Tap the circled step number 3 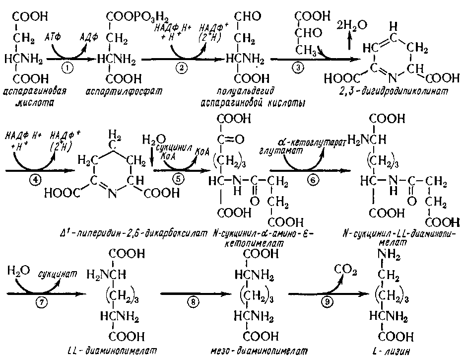pyautogui.click(x=298, y=68)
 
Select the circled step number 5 pyautogui.click(x=178, y=179)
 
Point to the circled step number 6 pyautogui.click(x=313, y=180)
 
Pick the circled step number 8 pyautogui.click(x=194, y=301)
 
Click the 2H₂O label pyautogui.click(x=352, y=25)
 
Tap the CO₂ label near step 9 pyautogui.click(x=345, y=269)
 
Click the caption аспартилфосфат pyautogui.click(x=124, y=91)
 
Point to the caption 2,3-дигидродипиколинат pyautogui.click(x=394, y=91)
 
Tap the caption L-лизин pyautogui.click(x=391, y=351)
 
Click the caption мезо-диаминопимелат pyautogui.click(x=259, y=351)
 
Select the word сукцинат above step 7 pyautogui.click(x=58, y=274)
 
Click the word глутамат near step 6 pyautogui.click(x=281, y=151)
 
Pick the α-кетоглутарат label pyautogui.click(x=312, y=143)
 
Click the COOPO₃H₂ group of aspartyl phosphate pyautogui.click(x=137, y=18)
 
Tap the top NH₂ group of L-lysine pyautogui.click(x=389, y=255)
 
